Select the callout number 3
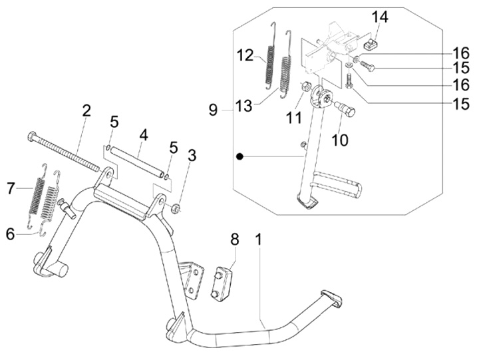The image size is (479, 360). click(192, 157)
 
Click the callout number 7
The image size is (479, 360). click(11, 189)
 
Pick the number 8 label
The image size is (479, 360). click(234, 238)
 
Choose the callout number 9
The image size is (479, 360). click(213, 109)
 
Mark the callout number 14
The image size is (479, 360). click(379, 17)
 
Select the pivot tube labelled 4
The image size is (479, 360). click(136, 159)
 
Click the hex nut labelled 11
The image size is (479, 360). click(307, 87)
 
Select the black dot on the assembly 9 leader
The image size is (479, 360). click(238, 156)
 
